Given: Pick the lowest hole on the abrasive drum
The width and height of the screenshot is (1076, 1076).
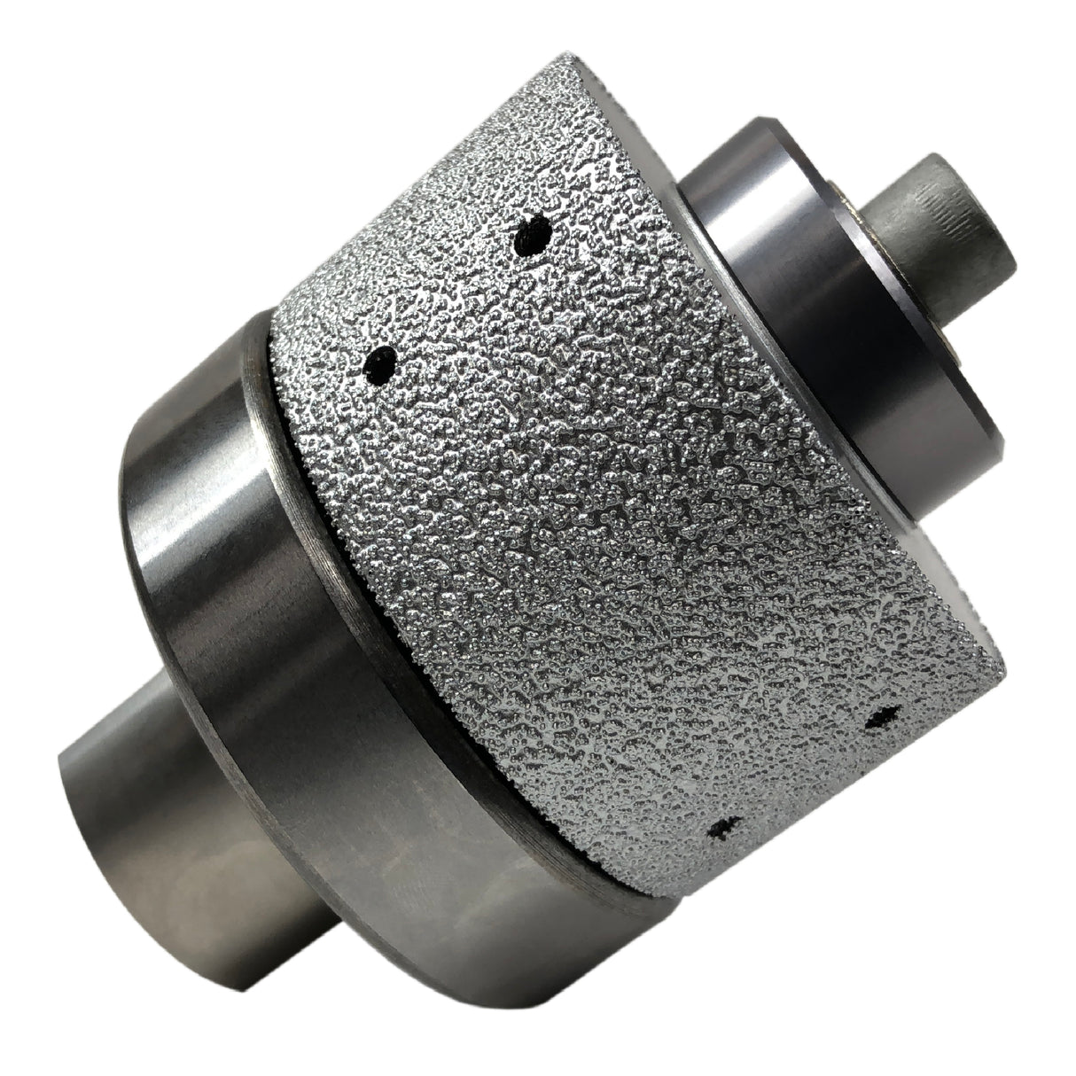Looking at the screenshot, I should (x=721, y=829).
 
